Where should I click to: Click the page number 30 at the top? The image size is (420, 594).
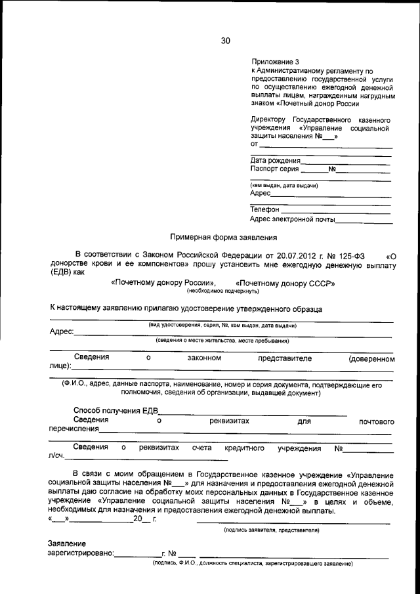tap(226, 41)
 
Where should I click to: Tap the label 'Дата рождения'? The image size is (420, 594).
tap(276, 160)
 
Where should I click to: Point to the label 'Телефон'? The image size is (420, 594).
tap(265, 209)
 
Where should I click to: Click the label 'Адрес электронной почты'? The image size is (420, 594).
tap(292, 219)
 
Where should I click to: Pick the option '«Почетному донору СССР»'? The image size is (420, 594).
tap(280, 284)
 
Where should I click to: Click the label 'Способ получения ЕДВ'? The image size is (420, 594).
tap(116, 411)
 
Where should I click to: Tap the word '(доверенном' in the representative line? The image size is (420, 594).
tap(371, 359)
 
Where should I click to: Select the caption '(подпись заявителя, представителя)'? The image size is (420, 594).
tap(272, 529)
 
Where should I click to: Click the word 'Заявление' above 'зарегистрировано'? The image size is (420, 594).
tap(66, 543)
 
